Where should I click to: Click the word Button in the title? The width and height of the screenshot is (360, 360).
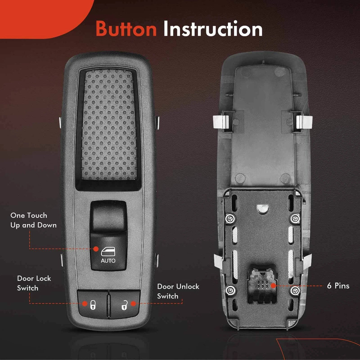click(x=126, y=29)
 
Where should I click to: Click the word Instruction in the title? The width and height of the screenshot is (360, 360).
click(x=213, y=28)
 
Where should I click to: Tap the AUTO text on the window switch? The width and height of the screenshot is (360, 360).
click(x=108, y=261)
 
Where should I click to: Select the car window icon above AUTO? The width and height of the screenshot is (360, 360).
click(x=108, y=251)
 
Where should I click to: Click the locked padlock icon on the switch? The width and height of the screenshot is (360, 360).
click(x=93, y=305)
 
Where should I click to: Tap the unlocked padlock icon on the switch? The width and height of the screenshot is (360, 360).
click(x=124, y=305)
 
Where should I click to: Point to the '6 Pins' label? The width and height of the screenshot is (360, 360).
click(x=338, y=286)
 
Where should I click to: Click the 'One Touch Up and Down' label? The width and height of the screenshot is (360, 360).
click(x=33, y=220)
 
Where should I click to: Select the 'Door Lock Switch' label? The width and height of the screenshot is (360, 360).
click(x=34, y=283)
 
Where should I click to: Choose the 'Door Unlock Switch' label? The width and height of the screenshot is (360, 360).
click(x=178, y=291)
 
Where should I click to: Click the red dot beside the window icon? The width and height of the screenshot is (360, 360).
click(x=96, y=249)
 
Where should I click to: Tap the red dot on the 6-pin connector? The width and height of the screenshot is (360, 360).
click(x=273, y=286)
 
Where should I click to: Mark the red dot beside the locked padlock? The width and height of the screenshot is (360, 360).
click(x=85, y=304)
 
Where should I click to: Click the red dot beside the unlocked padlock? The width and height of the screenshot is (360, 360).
click(x=133, y=304)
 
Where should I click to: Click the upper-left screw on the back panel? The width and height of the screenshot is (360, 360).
click(x=230, y=218)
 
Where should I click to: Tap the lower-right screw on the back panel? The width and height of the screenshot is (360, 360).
click(x=295, y=290)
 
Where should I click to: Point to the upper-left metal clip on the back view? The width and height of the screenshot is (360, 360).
click(x=223, y=121)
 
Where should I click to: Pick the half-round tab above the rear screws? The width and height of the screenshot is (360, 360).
click(x=263, y=208)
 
